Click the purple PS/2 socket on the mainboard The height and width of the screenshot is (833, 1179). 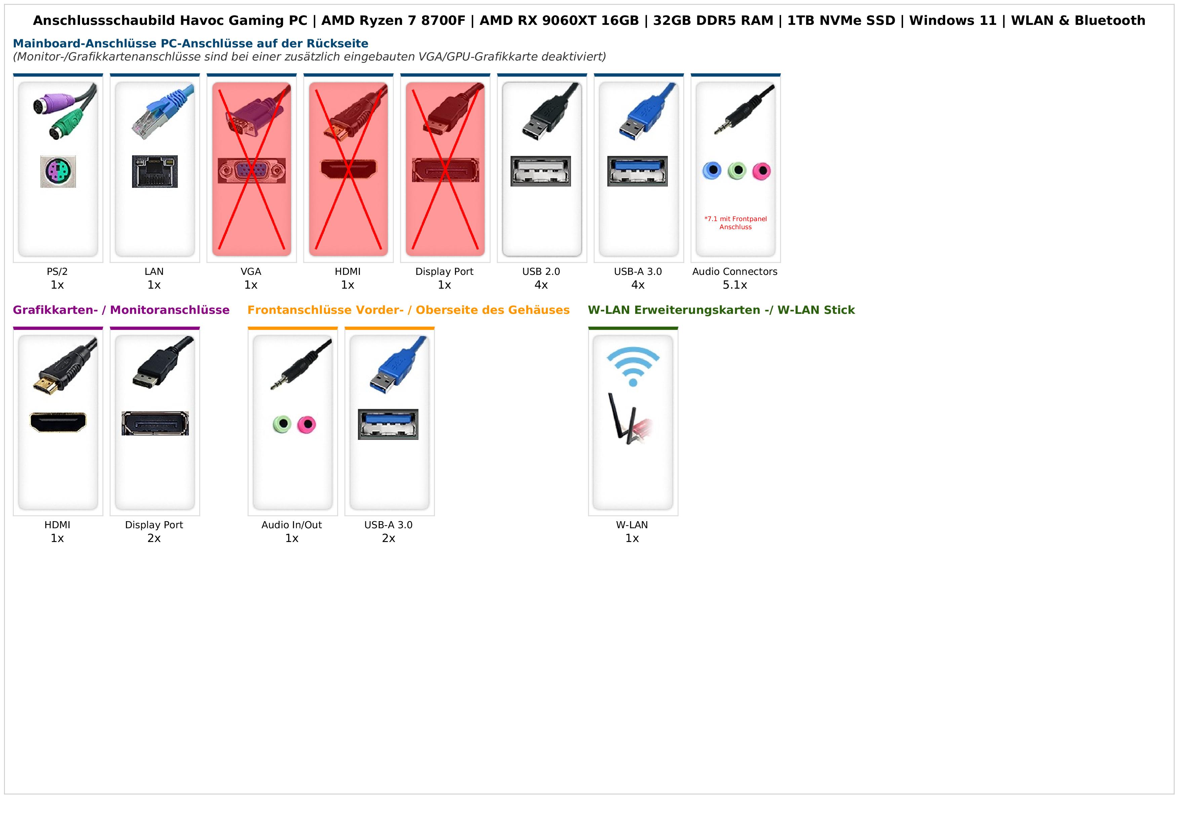point(58,171)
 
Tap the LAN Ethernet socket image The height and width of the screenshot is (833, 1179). point(155,171)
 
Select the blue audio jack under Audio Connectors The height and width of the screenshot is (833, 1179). point(712,170)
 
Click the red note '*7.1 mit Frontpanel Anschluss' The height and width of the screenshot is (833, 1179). point(735,223)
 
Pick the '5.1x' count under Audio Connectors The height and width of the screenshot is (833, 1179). point(735,285)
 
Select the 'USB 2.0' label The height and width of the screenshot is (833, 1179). point(541,272)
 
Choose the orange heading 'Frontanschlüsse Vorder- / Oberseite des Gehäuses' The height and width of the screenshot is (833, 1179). point(408,310)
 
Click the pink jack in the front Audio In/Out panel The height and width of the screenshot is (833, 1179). point(307,424)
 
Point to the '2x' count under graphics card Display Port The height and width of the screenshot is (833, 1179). point(154,538)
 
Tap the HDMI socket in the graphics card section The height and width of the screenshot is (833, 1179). point(58,422)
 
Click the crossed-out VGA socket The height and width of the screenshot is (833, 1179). point(252,170)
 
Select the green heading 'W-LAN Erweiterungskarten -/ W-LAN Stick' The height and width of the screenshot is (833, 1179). point(721,310)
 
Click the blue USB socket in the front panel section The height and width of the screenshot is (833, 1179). point(388,424)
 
